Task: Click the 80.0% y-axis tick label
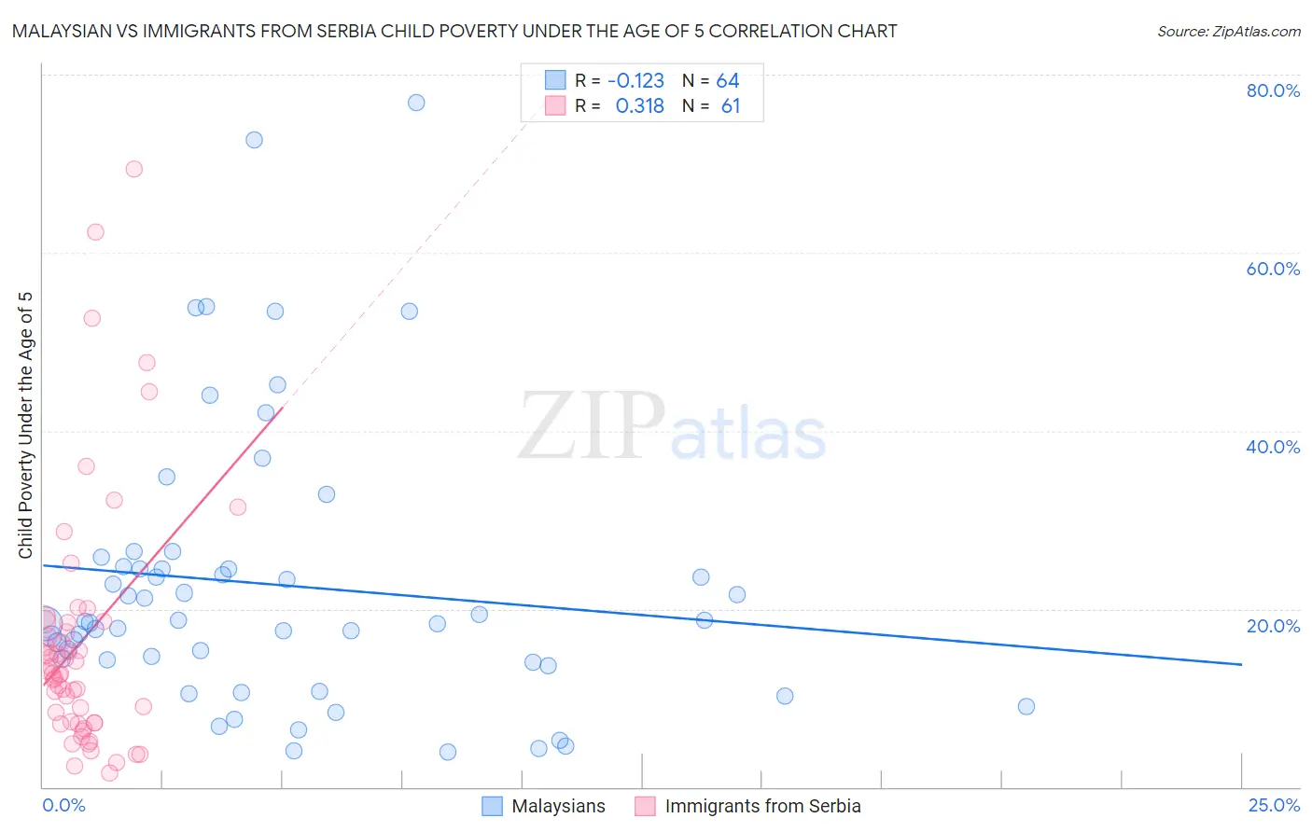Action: click(1273, 90)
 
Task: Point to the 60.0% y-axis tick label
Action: click(1273, 269)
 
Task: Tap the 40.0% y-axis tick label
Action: click(1273, 447)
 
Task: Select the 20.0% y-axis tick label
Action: click(1273, 625)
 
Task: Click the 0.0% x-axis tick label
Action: click(63, 805)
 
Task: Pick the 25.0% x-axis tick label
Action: click(1274, 805)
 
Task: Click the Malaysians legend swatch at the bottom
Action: click(492, 806)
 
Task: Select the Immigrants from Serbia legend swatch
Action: click(645, 806)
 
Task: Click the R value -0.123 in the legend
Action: click(635, 81)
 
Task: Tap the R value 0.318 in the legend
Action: click(639, 106)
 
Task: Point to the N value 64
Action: click(728, 81)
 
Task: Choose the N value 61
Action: click(731, 106)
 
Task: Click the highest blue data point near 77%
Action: click(416, 103)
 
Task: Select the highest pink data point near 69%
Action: click(133, 169)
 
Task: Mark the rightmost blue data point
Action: click(1026, 706)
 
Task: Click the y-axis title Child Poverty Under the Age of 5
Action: click(25, 424)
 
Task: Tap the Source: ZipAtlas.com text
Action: click(1228, 32)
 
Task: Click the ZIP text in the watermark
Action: click(592, 426)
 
